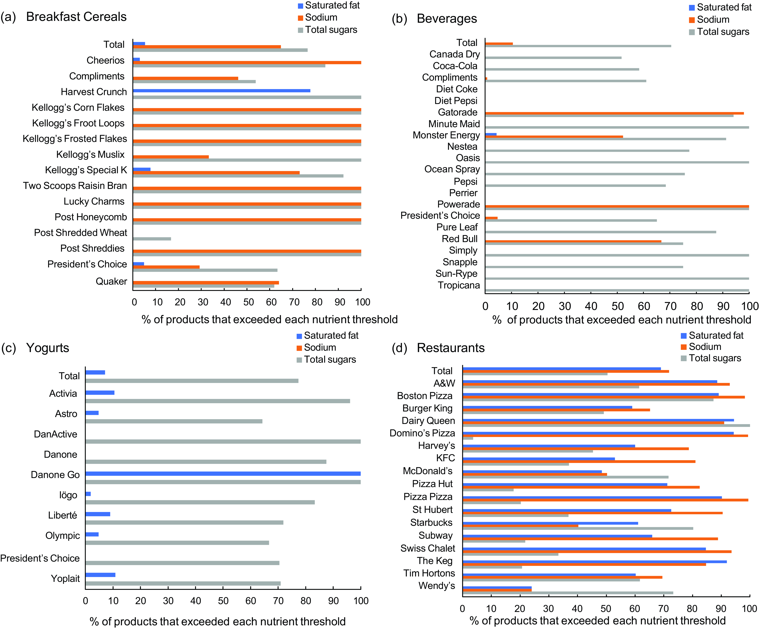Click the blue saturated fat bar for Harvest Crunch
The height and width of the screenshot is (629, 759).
click(221, 91)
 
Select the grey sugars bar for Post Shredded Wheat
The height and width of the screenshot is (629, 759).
click(152, 239)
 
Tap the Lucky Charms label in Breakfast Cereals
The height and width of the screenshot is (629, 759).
click(94, 201)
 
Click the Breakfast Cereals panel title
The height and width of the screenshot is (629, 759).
click(76, 17)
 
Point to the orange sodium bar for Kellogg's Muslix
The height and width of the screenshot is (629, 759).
click(171, 157)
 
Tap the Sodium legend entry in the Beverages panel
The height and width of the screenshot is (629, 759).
click(713, 20)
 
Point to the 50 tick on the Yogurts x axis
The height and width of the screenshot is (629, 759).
click(223, 601)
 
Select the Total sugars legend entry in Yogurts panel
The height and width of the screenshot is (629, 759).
click(330, 359)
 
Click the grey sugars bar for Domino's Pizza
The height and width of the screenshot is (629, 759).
click(468, 438)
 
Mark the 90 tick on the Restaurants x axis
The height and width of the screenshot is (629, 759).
click(721, 608)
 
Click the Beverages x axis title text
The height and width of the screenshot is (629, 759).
click(622, 320)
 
